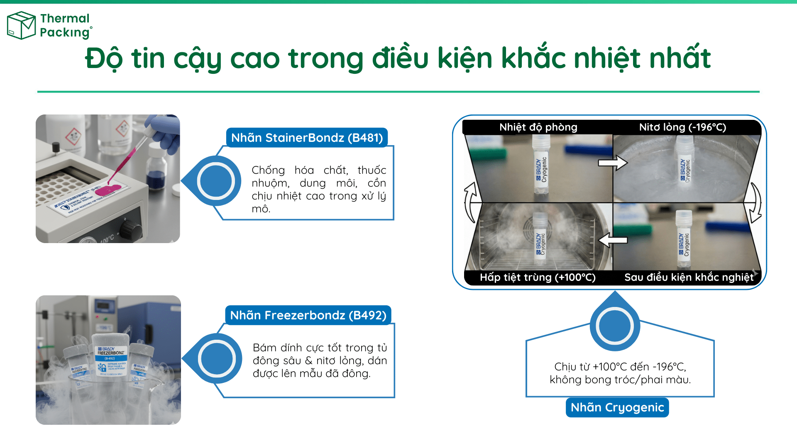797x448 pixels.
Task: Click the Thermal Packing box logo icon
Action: (x=21, y=25)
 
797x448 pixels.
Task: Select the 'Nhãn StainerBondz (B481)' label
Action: (x=307, y=138)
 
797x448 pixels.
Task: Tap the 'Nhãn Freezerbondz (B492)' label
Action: (x=308, y=315)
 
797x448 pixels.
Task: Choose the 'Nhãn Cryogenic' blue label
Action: (x=617, y=407)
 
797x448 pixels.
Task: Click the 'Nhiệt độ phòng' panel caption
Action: (x=538, y=127)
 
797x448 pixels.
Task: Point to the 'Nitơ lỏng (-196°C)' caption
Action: (x=682, y=127)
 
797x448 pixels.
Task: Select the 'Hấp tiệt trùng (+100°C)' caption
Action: (x=538, y=277)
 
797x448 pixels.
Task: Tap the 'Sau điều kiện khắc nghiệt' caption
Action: (x=689, y=277)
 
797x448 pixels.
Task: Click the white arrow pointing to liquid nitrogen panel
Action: (x=613, y=163)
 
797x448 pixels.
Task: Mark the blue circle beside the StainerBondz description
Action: (x=216, y=181)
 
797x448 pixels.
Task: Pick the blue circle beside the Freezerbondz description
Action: (x=217, y=359)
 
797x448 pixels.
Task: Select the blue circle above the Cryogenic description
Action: (x=614, y=326)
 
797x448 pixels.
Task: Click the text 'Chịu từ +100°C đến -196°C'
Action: (x=620, y=367)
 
